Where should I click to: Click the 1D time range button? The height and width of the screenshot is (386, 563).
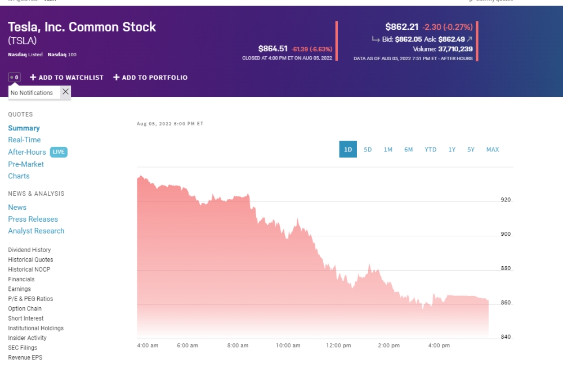[348, 150]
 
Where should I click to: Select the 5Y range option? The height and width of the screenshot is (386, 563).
[471, 150]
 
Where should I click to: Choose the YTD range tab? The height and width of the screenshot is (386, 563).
[430, 150]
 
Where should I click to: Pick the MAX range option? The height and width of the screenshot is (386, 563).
[493, 150]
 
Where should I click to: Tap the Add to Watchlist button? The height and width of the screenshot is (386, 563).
[66, 78]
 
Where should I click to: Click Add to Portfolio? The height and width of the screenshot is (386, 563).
[150, 78]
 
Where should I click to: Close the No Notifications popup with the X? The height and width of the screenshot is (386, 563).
[65, 92]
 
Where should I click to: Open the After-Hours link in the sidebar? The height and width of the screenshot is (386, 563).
[27, 152]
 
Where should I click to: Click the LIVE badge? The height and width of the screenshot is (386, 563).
[59, 152]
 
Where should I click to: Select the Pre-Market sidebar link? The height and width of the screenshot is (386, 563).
[26, 164]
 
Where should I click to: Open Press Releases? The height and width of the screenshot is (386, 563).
[33, 219]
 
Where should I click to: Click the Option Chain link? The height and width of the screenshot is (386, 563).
[25, 308]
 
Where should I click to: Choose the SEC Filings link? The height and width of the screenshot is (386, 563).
[23, 348]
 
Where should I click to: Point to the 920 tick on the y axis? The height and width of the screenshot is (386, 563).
[506, 200]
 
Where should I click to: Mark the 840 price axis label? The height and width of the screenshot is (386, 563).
[506, 337]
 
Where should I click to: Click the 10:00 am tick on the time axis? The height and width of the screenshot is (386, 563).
[288, 345]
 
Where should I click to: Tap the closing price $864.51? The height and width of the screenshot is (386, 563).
[273, 48]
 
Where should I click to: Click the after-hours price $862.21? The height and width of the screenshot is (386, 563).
[401, 26]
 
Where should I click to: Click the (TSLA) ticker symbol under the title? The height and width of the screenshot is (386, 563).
[23, 41]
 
